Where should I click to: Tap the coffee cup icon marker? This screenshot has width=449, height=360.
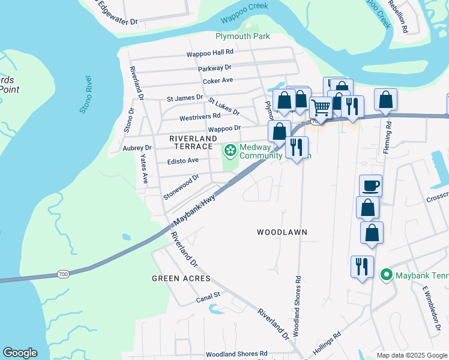(x=370, y=185)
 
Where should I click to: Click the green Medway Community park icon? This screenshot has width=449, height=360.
(x=230, y=149)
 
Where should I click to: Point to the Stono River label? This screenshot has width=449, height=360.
(x=86, y=95)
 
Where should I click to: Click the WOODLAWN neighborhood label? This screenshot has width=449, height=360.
(x=282, y=232)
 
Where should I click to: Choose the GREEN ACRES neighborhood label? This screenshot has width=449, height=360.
(x=181, y=278)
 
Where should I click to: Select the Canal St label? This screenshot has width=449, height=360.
(x=208, y=296)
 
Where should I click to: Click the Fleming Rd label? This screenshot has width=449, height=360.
(x=389, y=135)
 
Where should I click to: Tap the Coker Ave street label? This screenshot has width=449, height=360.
(x=217, y=80)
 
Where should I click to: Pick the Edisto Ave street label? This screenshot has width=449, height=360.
(x=182, y=160)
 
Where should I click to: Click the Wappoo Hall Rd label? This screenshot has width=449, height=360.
(x=209, y=53)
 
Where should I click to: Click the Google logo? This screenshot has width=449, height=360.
(x=20, y=353)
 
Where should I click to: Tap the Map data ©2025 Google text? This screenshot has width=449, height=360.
(x=411, y=355)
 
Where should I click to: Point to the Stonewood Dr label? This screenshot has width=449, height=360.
(x=181, y=187)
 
